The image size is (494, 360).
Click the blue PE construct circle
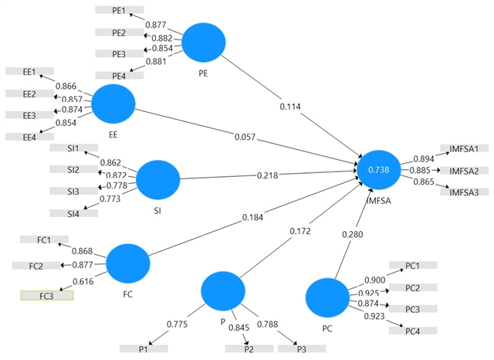[203, 43]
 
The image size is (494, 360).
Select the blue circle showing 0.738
[380, 168]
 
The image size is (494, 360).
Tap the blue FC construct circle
[128, 263]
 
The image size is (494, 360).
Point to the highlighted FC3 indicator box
[46, 295]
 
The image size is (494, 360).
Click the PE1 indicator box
[119, 10]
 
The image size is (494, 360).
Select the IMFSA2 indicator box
[465, 170]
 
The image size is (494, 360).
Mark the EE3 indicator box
[30, 115]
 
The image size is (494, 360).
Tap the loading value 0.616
[83, 281]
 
